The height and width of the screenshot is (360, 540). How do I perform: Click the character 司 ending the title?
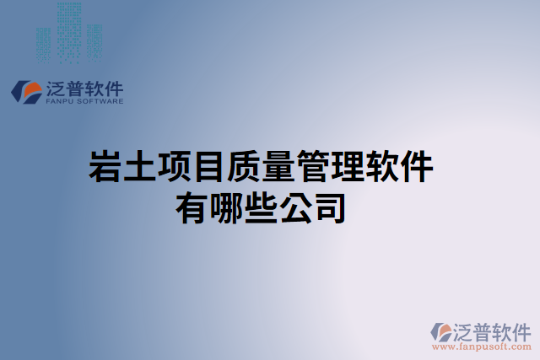330,208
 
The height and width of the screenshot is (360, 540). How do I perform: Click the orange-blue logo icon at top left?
27,92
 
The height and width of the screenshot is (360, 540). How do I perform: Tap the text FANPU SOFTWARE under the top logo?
83,101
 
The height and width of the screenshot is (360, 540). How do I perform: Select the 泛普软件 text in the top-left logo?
84,88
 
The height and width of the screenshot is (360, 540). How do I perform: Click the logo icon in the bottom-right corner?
441,331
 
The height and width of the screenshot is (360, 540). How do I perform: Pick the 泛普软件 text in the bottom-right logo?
493,330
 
